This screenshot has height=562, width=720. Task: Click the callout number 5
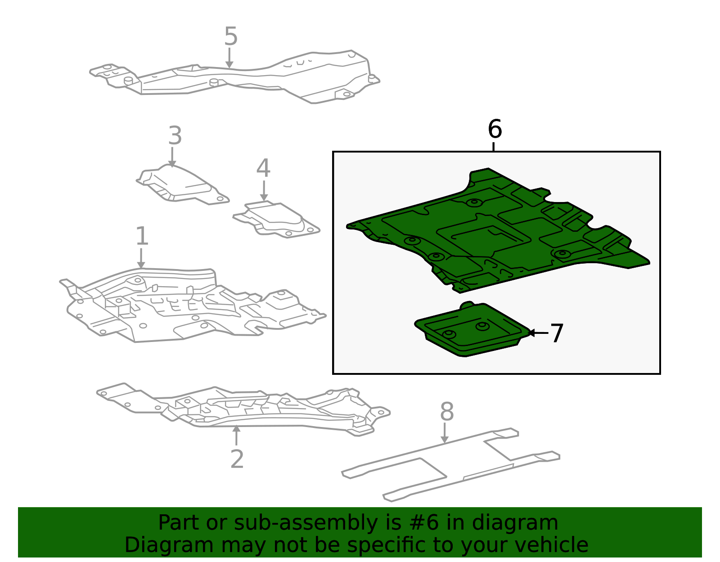[x=230, y=36]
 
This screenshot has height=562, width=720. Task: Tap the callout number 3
[x=175, y=135]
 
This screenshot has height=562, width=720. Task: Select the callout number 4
[x=263, y=168]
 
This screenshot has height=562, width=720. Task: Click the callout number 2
[x=237, y=459]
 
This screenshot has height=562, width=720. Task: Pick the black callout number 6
[x=495, y=129]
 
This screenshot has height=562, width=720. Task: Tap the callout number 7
[x=557, y=333]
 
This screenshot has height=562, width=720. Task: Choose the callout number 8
[x=447, y=412]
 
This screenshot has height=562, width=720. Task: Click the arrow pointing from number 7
[x=539, y=333]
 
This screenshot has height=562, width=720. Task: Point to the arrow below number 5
[x=229, y=58]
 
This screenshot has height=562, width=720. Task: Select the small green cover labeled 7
[x=472, y=330]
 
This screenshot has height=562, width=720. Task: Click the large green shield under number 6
[x=497, y=232]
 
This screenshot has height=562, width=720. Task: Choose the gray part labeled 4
[x=276, y=219]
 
